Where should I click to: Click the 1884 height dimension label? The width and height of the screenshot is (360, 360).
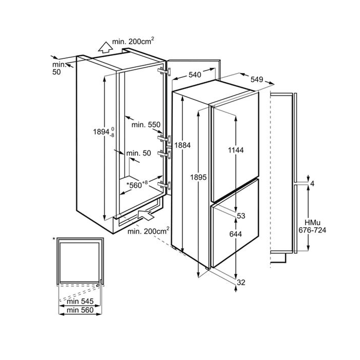click(x=182, y=145)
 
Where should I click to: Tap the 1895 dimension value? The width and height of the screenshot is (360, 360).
click(x=198, y=177)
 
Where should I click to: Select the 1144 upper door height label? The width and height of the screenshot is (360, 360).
click(x=236, y=150)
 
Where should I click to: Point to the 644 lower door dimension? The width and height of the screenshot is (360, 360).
click(x=236, y=234)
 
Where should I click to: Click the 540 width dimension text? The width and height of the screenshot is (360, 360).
click(x=195, y=74)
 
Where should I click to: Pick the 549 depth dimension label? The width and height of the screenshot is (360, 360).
click(x=257, y=79)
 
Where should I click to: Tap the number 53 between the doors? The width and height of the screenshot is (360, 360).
click(x=241, y=216)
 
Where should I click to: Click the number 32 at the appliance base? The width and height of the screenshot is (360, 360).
click(x=241, y=282)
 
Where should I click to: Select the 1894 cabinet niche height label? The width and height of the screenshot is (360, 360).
click(x=104, y=132)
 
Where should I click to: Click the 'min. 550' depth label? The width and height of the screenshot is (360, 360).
click(x=146, y=125)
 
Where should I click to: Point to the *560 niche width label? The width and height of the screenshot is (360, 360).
click(x=137, y=184)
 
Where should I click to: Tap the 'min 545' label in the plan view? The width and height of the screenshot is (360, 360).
click(x=80, y=301)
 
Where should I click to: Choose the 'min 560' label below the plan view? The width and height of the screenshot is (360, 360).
click(x=80, y=310)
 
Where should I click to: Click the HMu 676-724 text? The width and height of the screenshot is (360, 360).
click(x=312, y=226)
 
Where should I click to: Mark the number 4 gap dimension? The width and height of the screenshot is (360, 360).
click(x=312, y=183)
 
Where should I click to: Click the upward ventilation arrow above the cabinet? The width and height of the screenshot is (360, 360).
click(x=106, y=47)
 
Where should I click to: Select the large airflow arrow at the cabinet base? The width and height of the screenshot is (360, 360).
click(x=145, y=215)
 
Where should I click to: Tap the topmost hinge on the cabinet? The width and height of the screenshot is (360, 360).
click(x=164, y=72)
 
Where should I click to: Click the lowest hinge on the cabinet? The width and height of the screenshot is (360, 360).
click(x=164, y=185)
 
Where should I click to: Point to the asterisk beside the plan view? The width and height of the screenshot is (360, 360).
click(x=54, y=239)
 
